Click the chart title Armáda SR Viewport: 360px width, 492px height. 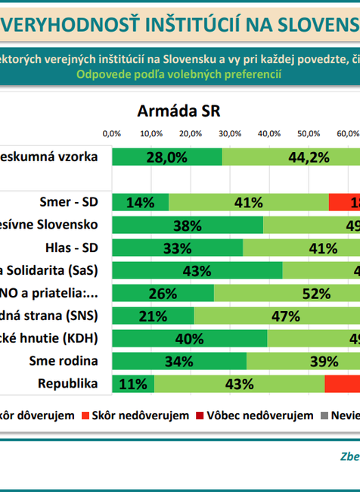coord(178,111)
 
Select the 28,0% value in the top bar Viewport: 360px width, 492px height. coord(166,157)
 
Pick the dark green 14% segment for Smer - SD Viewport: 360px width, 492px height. coord(140,202)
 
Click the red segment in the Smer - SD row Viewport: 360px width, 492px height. coord(344,202)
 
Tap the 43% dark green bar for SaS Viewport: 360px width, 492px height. coord(197,270)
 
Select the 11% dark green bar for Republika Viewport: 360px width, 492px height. coord(133,384)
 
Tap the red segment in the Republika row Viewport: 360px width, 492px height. coord(342,384)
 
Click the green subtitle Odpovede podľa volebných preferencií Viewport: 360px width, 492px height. coord(178,74)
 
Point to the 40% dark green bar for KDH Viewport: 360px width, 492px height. coord(189,338)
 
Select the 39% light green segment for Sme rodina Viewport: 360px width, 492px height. coord(303,361)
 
